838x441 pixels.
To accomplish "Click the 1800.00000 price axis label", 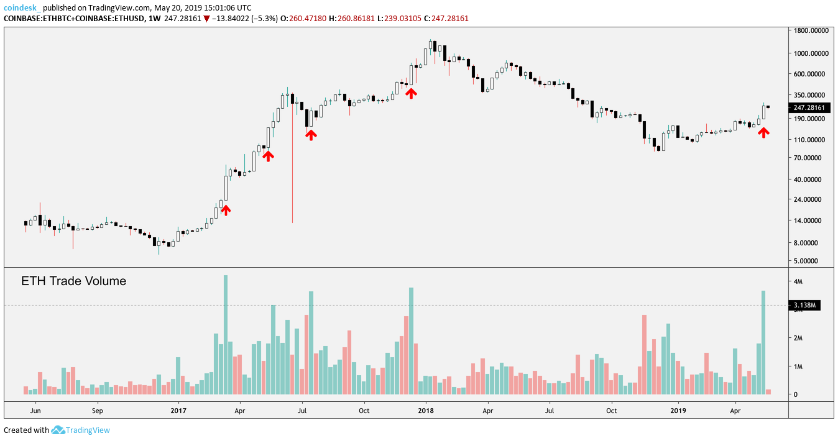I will point(809,30).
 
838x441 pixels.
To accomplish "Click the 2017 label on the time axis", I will point(178,411).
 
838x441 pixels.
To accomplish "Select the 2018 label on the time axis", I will point(426,411).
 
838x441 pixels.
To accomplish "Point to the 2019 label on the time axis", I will point(678,411).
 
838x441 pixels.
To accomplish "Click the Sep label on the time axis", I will point(97,411).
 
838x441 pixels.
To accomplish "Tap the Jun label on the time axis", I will point(35,411).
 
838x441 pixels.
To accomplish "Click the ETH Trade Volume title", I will point(73,281).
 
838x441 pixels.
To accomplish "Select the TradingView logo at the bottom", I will point(80,430).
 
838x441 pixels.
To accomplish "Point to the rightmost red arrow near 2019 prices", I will point(763,132).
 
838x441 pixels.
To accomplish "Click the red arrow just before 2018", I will point(411,93).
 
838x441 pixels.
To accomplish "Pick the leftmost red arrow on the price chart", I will point(226,210).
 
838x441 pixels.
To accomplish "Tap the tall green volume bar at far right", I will point(763,342).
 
